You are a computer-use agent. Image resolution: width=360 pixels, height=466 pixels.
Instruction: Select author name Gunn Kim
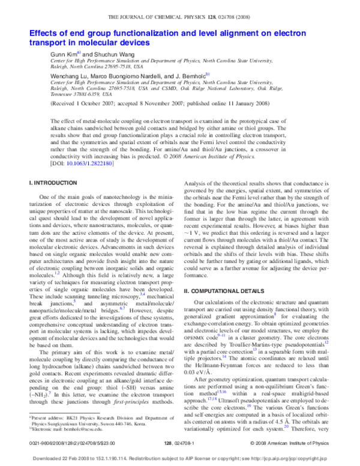(63, 54)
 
